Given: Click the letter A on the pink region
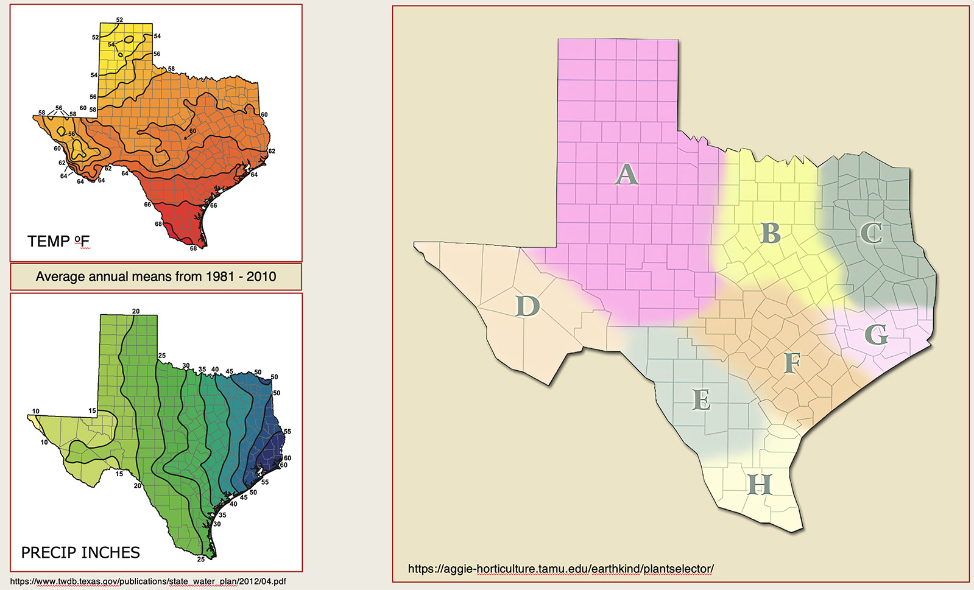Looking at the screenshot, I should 626,175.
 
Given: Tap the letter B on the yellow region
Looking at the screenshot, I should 771,233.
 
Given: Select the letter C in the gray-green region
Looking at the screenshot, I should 871,233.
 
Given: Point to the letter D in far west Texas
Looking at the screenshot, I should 528,306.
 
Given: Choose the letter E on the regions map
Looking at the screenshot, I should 701,401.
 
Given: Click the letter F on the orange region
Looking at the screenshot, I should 791,363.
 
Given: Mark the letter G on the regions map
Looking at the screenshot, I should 876,334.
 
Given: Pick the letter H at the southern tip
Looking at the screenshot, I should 760,485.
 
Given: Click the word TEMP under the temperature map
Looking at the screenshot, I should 48,242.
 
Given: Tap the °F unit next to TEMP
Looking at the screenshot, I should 82,242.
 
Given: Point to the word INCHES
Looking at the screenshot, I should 111,553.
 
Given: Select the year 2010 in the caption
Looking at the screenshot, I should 261,276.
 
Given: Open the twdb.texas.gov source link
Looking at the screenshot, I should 148,581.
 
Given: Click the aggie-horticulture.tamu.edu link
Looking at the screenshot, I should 560,569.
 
